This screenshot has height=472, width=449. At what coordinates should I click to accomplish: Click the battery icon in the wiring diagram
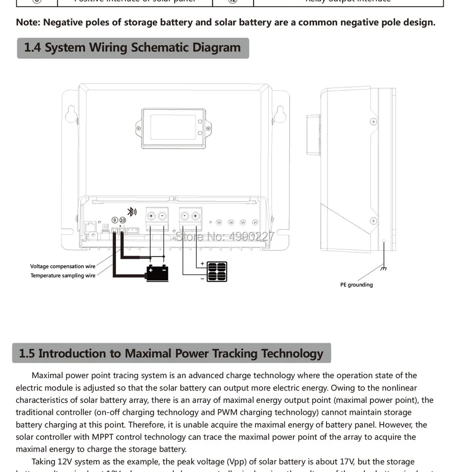point(157,273)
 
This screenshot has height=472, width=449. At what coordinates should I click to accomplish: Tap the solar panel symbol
point(217,271)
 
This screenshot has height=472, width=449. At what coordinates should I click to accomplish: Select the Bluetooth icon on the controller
point(132,212)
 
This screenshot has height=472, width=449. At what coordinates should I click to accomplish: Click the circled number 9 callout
point(114,220)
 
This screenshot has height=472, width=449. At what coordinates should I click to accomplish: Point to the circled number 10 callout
point(123,220)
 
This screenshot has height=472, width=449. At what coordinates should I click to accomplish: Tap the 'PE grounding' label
point(356,285)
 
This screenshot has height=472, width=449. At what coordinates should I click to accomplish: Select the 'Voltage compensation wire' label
point(63,267)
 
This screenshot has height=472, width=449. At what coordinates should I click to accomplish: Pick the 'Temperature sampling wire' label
point(63,276)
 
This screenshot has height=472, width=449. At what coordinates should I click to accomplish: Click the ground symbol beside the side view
point(383,268)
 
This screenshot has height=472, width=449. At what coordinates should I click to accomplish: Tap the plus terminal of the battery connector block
point(151,216)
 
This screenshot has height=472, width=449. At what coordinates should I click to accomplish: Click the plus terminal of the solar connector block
point(195,216)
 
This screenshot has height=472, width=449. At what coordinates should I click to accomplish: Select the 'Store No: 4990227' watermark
point(225,235)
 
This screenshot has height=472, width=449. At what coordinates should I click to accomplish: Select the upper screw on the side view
point(373,122)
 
